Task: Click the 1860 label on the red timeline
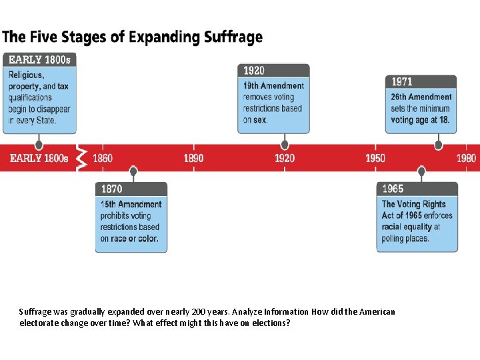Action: click(x=103, y=158)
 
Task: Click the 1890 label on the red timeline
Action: click(x=194, y=158)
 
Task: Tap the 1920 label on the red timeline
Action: click(x=285, y=158)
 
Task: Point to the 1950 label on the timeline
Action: click(x=375, y=158)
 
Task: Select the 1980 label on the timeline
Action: click(x=466, y=158)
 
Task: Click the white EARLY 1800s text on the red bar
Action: click(x=39, y=158)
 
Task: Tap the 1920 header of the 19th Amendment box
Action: click(x=253, y=70)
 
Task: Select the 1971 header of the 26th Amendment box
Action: click(x=402, y=81)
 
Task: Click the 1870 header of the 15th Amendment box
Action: click(x=112, y=189)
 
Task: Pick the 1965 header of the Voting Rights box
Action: click(x=393, y=189)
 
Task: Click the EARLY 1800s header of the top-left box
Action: click(x=39, y=59)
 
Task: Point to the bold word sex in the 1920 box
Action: click(x=260, y=120)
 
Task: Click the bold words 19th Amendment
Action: click(x=273, y=86)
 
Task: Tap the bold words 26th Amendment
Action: click(x=421, y=97)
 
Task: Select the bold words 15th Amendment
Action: click(x=131, y=204)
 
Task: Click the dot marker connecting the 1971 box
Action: click(x=438, y=145)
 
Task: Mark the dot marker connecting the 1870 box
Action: click(x=133, y=172)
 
